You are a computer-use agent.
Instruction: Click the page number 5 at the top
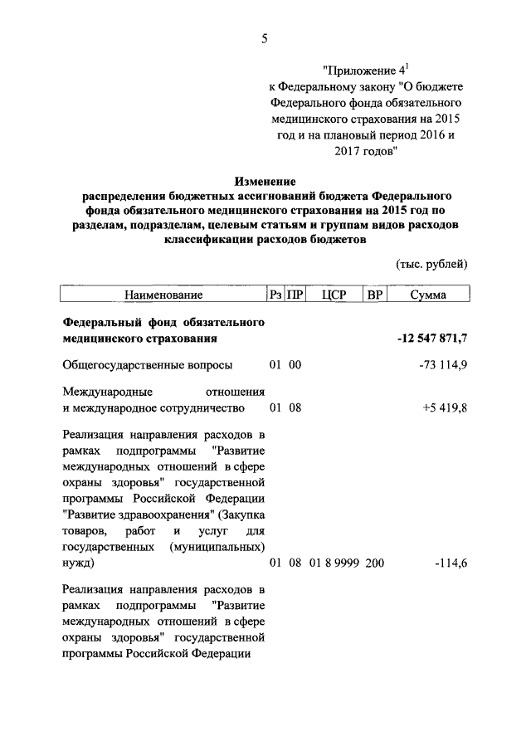click(265, 38)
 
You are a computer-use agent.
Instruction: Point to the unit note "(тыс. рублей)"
click(431, 264)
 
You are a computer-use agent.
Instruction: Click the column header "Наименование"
click(163, 295)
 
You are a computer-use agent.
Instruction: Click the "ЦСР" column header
click(337, 295)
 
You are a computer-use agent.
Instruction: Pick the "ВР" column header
click(374, 295)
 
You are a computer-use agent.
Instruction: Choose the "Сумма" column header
click(429, 295)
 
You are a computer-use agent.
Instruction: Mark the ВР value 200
click(374, 564)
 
